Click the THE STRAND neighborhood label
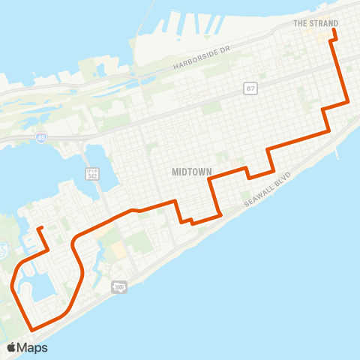[315, 23]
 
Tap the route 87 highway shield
[250, 88]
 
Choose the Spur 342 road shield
[93, 174]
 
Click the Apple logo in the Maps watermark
[12, 347]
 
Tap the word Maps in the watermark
[33, 347]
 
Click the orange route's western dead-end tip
[39, 227]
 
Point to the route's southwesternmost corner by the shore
[31, 328]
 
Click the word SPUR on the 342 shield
[93, 169]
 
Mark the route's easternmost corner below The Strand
[349, 101]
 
